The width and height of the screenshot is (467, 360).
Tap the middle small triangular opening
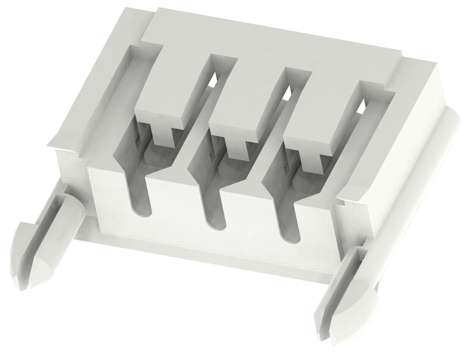point(287,94)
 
